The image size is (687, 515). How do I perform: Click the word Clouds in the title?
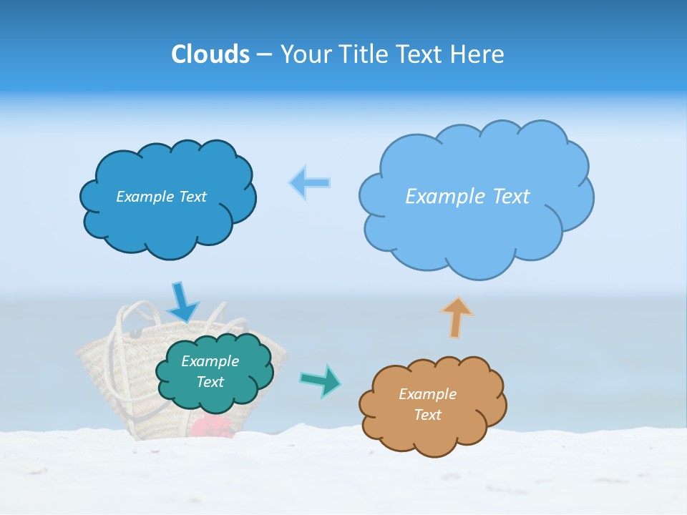[210, 54]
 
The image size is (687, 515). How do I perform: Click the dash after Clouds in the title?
[263, 55]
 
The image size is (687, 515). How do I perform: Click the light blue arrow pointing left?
[310, 183]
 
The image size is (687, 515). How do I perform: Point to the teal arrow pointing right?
[320, 381]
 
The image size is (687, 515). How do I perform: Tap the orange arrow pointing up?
[457, 317]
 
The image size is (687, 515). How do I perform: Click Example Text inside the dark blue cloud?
[161, 197]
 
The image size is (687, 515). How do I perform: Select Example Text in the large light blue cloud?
[467, 197]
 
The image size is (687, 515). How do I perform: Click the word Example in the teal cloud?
[210, 361]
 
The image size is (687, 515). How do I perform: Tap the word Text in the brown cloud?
[427, 415]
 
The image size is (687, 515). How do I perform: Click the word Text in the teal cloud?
[210, 382]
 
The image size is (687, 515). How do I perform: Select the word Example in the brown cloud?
[427, 394]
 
